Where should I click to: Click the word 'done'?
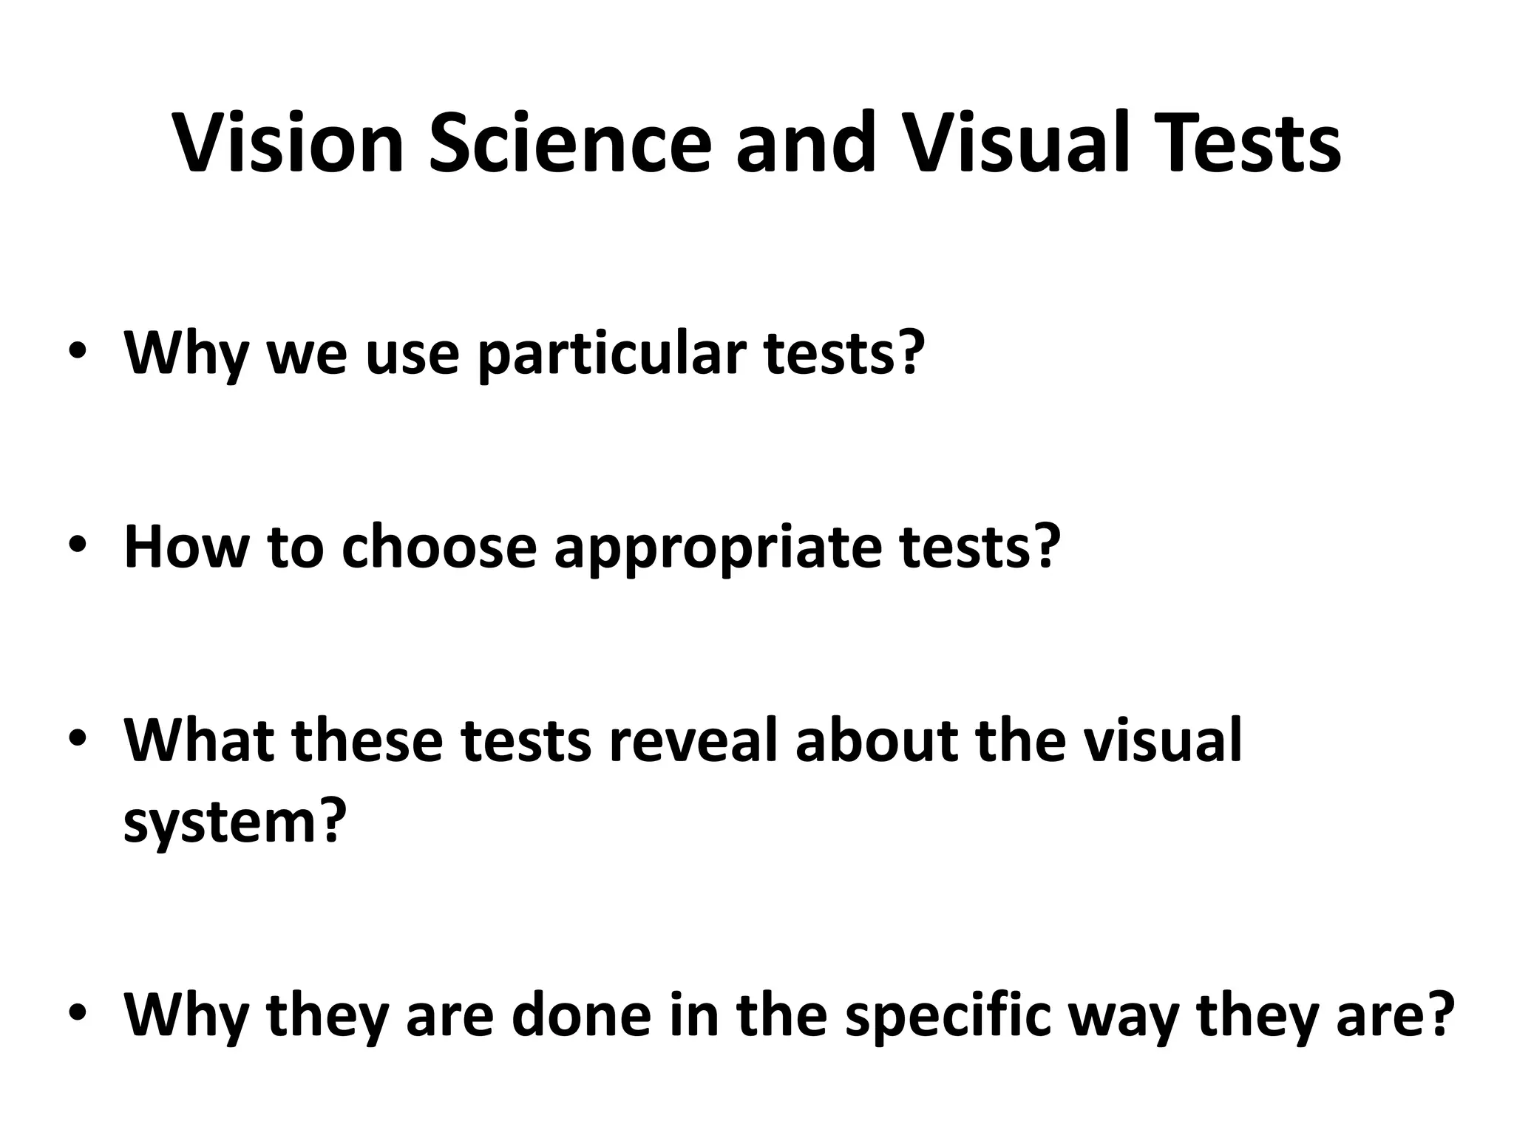(581, 1014)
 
